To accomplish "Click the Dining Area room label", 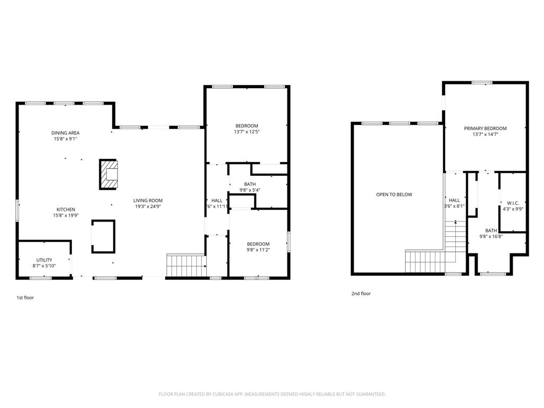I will click(x=65, y=133).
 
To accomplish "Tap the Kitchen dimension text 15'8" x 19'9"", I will click(x=65, y=216).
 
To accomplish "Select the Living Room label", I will click(x=148, y=200).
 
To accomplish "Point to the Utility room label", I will click(x=44, y=260).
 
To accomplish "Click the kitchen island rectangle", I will click(x=103, y=236).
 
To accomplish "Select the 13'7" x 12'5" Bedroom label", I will click(x=246, y=126).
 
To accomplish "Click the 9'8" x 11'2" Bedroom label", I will click(x=258, y=244).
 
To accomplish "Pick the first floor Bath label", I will click(x=249, y=184).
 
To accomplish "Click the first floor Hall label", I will click(x=217, y=200).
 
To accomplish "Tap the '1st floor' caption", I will click(x=25, y=297).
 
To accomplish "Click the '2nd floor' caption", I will click(x=361, y=293).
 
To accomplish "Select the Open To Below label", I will click(x=394, y=194).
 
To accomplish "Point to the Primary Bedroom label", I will click(x=485, y=128).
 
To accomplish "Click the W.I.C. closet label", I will click(x=513, y=203).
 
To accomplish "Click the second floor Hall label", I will click(x=454, y=200).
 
